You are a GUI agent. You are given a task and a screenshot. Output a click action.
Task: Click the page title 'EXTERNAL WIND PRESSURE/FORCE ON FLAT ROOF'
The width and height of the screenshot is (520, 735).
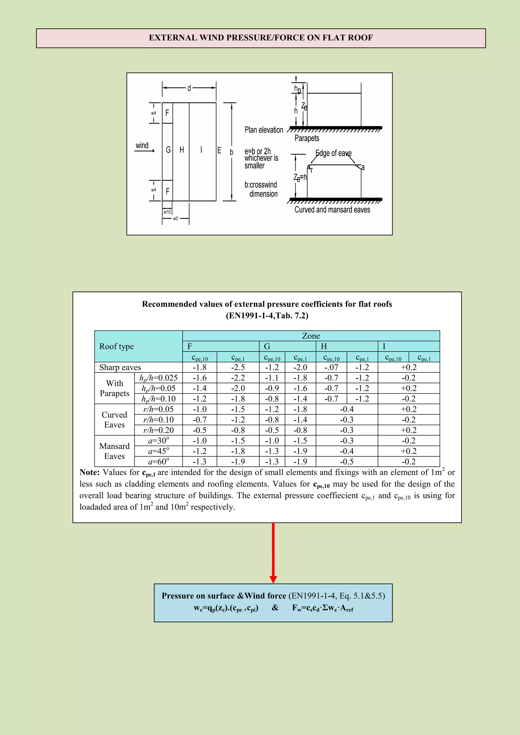tap(261, 38)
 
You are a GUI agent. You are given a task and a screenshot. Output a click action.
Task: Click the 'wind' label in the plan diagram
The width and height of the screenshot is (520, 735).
tap(142, 146)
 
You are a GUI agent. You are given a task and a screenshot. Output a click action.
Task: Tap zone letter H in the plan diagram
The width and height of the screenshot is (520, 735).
tap(182, 150)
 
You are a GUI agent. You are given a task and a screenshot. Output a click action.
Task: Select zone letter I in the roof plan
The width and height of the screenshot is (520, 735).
tap(201, 150)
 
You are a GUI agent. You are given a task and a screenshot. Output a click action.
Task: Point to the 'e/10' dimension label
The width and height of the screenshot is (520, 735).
tap(167, 212)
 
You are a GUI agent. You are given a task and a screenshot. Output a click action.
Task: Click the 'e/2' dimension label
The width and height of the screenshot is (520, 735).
tap(175, 219)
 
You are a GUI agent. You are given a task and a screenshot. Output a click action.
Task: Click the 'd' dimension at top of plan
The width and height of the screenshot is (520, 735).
tap(189, 88)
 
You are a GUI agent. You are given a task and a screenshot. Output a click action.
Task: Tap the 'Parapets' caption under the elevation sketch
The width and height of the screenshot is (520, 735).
tap(307, 138)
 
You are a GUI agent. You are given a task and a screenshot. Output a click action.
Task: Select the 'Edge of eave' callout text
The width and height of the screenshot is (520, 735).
tap(333, 153)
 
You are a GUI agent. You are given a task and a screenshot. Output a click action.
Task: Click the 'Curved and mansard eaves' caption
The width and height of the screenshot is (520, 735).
tap(332, 210)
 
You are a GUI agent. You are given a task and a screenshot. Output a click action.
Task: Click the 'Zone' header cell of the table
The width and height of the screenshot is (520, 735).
tap(311, 336)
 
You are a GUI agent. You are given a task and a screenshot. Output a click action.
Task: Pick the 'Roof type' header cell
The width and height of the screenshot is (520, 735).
tap(117, 346)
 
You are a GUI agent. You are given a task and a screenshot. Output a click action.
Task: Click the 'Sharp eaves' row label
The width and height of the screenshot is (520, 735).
tap(120, 367)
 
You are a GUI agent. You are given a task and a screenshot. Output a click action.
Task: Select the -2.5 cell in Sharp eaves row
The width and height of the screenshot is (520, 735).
tap(238, 367)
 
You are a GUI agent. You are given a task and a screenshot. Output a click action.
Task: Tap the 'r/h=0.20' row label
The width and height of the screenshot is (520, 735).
tap(158, 430)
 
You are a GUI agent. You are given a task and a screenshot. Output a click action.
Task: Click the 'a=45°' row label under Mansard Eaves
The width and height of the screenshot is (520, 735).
tap(158, 451)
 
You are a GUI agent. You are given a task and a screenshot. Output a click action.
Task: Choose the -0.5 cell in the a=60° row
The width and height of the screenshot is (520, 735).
tap(347, 462)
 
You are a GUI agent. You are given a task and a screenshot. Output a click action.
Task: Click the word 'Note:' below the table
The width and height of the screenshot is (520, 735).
tap(90, 473)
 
